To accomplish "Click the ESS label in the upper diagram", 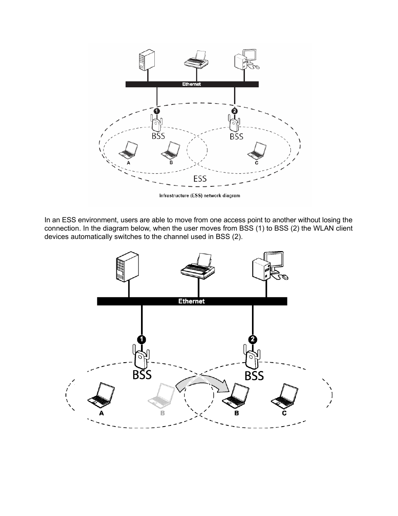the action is pyautogui.click(x=200, y=178).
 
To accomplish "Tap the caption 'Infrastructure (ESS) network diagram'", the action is pyautogui.click(x=199, y=196).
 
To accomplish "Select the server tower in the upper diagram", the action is pyautogui.click(x=147, y=60).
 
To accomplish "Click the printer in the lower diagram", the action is pyautogui.click(x=198, y=266).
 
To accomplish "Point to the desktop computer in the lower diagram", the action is pyautogui.click(x=270, y=266).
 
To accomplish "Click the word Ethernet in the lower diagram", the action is pyautogui.click(x=191, y=301).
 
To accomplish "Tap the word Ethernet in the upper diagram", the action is pyautogui.click(x=191, y=84).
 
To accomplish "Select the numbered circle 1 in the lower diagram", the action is pyautogui.click(x=141, y=339).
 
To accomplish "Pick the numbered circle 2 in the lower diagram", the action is pyautogui.click(x=252, y=339).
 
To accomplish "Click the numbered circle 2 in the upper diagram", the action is pyautogui.click(x=234, y=111).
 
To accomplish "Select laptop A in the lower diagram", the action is pyautogui.click(x=101, y=394).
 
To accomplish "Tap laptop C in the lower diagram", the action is pyautogui.click(x=285, y=395).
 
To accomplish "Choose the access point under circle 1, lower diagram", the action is pyautogui.click(x=141, y=357).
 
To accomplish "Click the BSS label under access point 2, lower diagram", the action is pyautogui.click(x=254, y=376).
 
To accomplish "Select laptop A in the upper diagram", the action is pyautogui.click(x=128, y=150).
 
